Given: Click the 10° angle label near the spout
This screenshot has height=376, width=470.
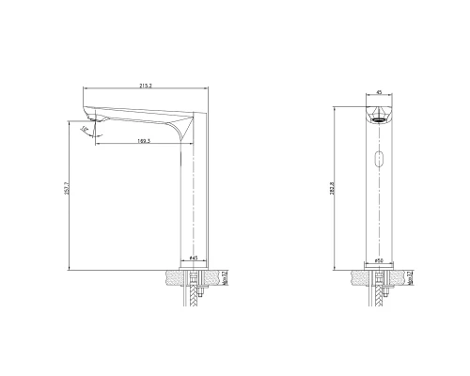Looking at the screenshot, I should (85, 129).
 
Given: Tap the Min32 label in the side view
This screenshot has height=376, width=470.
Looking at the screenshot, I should (226, 278).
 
